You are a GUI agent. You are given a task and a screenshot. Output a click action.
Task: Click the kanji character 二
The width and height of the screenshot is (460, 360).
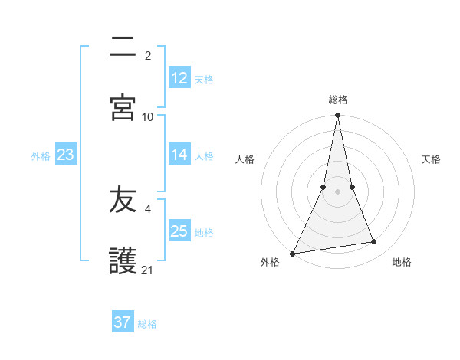coord(123,50)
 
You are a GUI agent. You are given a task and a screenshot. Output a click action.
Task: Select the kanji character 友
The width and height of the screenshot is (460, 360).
coord(123,201)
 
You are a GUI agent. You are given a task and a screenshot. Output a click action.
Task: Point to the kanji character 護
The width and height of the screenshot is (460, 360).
coord(123,260)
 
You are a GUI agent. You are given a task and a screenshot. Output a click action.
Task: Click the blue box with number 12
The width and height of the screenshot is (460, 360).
coord(179,78)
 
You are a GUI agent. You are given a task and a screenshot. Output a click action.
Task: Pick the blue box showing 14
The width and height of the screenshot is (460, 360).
coord(179,155)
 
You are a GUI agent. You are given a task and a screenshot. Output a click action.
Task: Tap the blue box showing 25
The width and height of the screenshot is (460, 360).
coord(179,231)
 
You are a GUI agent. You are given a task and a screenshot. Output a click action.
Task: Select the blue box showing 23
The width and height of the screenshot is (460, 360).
coord(65,155)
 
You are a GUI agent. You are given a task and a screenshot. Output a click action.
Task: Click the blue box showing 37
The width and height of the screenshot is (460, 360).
coord(122,322)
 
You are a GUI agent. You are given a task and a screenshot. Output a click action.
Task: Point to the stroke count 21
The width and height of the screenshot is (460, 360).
coord(148,270)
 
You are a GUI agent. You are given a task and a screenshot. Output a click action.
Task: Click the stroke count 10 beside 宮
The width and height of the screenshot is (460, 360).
coord(148,116)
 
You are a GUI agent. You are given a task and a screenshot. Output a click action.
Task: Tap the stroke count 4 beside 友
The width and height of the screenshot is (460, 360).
coord(148,208)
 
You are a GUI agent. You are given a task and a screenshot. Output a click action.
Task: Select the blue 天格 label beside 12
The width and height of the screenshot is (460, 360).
coord(204,79)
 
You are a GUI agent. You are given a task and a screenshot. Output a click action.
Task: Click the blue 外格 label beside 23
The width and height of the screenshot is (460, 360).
coord(41,155)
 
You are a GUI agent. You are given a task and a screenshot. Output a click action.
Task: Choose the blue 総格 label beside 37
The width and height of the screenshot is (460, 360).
coord(147,323)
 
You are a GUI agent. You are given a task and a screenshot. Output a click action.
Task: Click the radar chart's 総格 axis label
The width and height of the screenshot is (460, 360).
coord(338,100)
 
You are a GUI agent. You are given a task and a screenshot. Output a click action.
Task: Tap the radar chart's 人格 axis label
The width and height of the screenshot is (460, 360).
coord(245,159)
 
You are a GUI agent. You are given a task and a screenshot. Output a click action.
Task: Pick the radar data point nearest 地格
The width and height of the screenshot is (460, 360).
coord(374,242)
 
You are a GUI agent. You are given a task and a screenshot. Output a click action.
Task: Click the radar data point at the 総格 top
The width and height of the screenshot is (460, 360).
coord(337,116)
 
